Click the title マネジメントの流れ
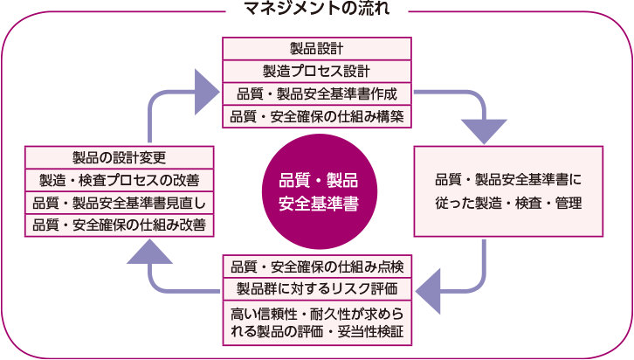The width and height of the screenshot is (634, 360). pos(317,10)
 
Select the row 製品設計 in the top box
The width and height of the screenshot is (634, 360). pos(317,49)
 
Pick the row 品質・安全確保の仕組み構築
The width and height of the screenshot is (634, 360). pos(317,116)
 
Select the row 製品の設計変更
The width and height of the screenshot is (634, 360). pos(120,158)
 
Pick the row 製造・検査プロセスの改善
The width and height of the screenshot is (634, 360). pos(120,181)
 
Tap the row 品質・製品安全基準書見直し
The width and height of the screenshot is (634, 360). pos(120,204)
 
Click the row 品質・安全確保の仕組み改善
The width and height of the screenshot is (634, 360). pos(120,225)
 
